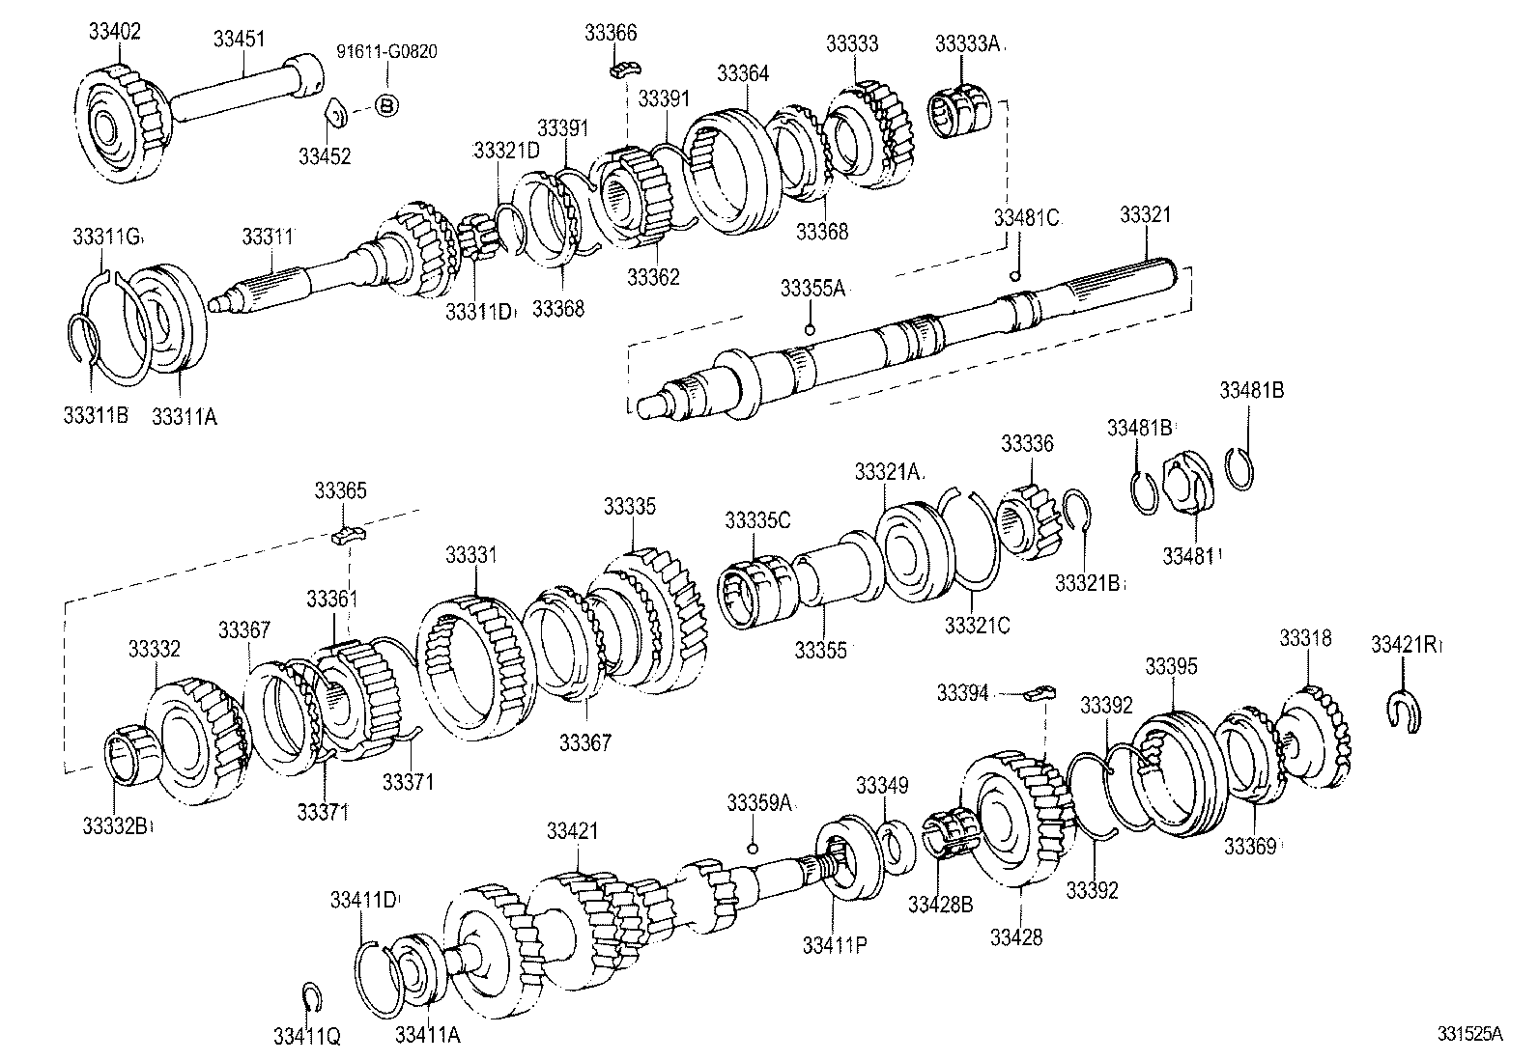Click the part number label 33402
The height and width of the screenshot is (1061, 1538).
click(114, 31)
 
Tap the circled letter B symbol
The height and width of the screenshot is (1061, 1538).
click(385, 106)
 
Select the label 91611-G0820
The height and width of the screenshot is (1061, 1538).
click(386, 51)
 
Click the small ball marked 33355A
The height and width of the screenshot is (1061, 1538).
click(810, 329)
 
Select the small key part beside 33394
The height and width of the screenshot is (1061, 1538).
click(1041, 691)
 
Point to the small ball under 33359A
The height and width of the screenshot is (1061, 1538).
click(751, 848)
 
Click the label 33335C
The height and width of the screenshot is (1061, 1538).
click(757, 520)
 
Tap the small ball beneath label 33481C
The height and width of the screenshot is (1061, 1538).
click(1014, 276)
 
